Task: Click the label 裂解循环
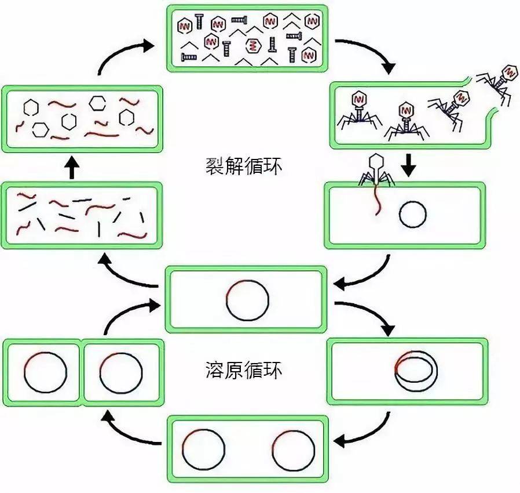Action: tap(244, 165)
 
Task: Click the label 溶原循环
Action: tap(244, 369)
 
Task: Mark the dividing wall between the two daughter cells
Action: tap(82, 372)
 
